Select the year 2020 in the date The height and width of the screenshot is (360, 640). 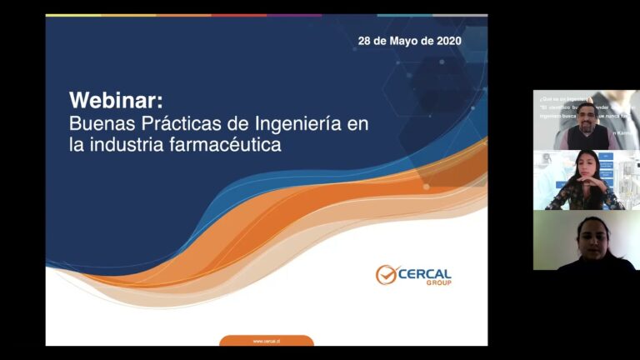click(447, 40)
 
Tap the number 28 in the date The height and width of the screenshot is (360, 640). click(365, 40)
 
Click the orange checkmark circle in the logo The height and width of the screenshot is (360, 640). click(386, 275)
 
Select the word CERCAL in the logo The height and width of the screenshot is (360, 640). click(425, 274)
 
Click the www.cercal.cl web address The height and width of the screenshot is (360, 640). click(266, 341)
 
